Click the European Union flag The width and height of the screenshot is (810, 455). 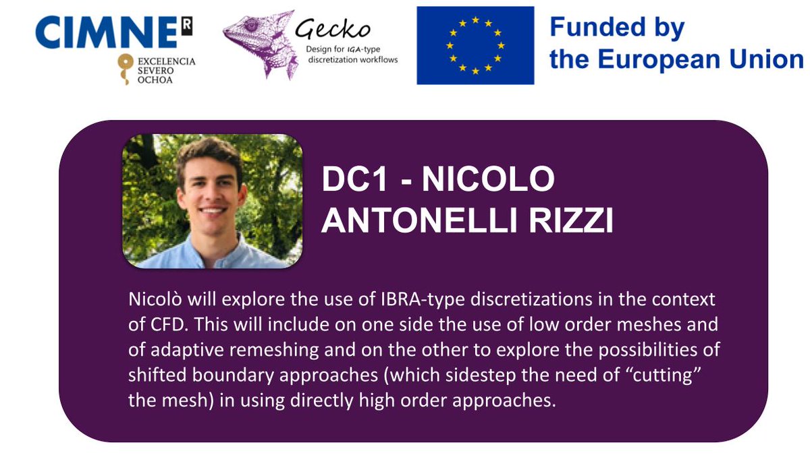tap(475, 45)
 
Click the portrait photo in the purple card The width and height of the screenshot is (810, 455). tap(212, 201)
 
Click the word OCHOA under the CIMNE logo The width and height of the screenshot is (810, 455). tap(158, 80)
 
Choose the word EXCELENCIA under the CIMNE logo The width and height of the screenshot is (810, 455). tap(166, 61)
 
